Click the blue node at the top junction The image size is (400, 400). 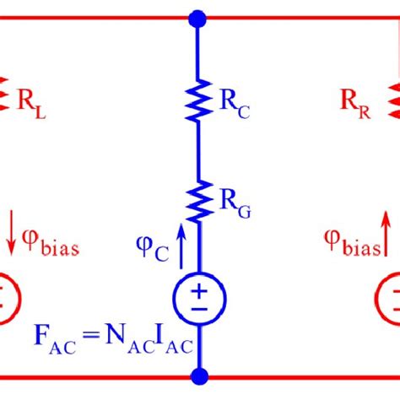click(197, 17)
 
